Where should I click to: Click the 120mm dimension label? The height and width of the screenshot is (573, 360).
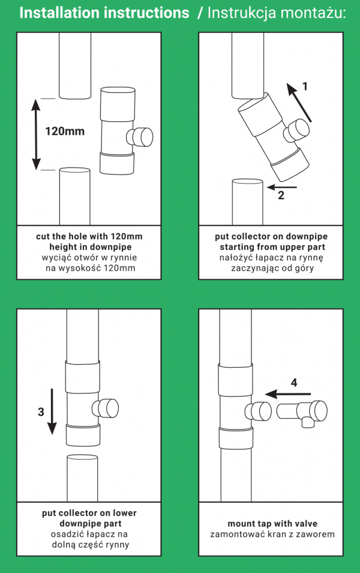click(x=65, y=131)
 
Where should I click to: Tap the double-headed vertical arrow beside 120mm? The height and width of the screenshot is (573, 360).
click(x=35, y=135)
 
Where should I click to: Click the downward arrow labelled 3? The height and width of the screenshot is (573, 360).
click(x=52, y=411)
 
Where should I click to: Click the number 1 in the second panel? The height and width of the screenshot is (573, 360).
click(x=305, y=86)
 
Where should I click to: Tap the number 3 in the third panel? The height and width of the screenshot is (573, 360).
click(x=40, y=412)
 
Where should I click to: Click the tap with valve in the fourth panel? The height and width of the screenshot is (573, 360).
click(x=303, y=413)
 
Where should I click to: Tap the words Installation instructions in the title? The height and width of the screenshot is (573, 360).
click(x=104, y=13)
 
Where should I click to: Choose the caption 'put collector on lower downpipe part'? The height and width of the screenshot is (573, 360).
click(x=89, y=518)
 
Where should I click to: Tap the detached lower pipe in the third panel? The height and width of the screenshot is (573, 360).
click(x=82, y=476)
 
